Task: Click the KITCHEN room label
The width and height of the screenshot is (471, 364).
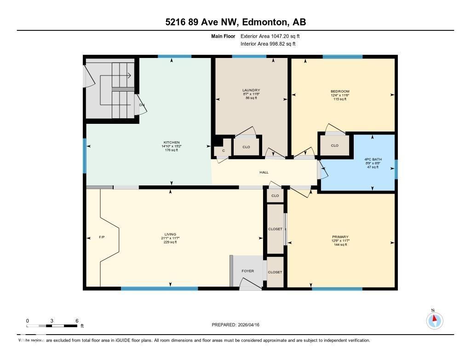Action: pos(171,143)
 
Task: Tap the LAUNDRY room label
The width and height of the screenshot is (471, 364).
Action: pos(251,90)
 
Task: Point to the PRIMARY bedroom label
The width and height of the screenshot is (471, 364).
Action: pos(340,237)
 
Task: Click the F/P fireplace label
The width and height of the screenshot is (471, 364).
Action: pos(102,237)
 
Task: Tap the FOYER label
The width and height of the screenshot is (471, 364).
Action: pos(247,271)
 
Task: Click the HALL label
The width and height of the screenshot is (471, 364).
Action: pos(264,173)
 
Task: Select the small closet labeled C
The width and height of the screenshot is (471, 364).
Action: pos(223,150)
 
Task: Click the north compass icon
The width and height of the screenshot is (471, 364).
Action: pos(434,320)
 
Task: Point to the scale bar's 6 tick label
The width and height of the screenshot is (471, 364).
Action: pos(77,321)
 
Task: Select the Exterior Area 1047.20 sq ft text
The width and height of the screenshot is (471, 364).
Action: pos(270,36)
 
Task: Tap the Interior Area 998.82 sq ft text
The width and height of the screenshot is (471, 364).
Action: pos(268,44)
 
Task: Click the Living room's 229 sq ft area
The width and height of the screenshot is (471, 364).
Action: pos(170,242)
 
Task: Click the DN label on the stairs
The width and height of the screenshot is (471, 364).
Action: pos(142,105)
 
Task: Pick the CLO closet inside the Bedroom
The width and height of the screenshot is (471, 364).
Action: pos(334,145)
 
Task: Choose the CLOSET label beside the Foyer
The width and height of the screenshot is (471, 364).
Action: pos(275,272)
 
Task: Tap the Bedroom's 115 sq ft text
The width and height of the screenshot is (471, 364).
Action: pos(340,99)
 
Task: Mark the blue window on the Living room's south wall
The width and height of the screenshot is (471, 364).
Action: pos(159,289)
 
